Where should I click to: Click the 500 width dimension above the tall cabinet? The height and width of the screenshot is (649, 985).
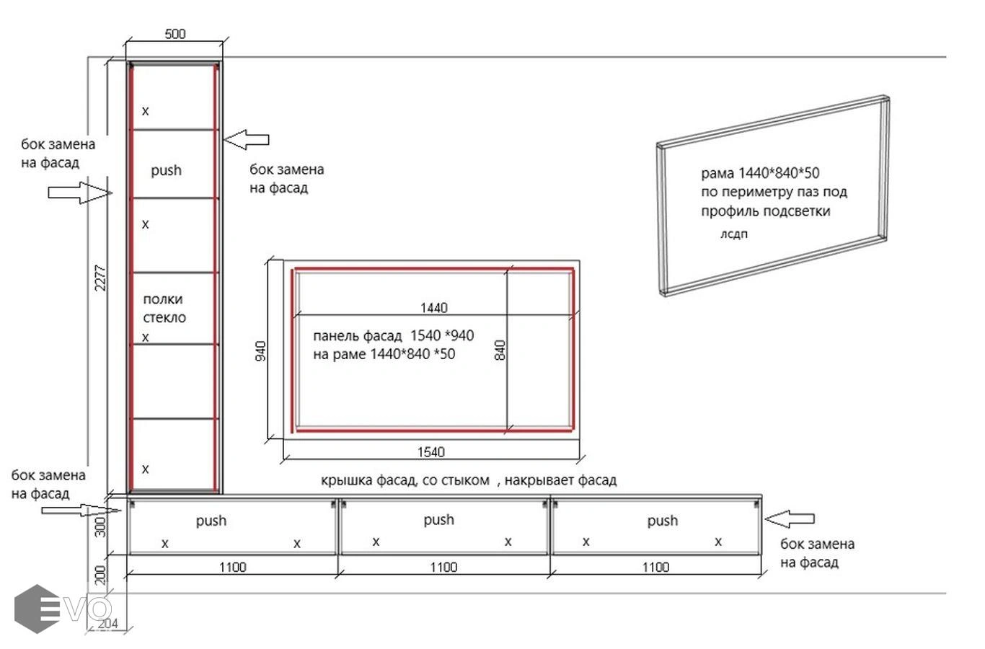pos(175,34)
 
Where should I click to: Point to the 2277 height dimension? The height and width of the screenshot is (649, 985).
pos(100,278)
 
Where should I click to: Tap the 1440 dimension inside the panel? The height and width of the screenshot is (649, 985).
pos(433,307)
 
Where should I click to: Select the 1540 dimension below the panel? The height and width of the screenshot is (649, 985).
pos(430,451)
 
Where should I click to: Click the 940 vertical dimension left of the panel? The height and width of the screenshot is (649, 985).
pos(260,351)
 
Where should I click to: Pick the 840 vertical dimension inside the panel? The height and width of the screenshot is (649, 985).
pos(500,350)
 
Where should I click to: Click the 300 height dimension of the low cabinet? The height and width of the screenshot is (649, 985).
pos(101,526)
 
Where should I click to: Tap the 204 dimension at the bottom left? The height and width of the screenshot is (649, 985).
pos(107,624)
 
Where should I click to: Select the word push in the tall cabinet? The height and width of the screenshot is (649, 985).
pos(166,170)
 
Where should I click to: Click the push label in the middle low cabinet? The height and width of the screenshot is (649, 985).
pos(438,520)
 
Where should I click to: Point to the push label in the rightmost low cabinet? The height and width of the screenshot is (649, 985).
pos(662,521)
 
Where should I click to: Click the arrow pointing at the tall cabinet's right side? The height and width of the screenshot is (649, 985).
pos(247,140)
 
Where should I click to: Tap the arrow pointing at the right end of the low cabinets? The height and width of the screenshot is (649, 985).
pos(790,519)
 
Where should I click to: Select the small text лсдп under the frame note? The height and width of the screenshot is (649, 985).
pos(733,234)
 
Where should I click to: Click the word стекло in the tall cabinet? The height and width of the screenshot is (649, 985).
pos(164,317)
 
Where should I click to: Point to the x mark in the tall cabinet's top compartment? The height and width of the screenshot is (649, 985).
pos(146,111)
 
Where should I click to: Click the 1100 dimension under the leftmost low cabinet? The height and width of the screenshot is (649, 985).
pos(233,567)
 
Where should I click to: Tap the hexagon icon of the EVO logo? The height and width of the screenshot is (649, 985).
pos(37,609)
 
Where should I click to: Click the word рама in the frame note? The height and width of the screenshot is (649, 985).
pos(717,173)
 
